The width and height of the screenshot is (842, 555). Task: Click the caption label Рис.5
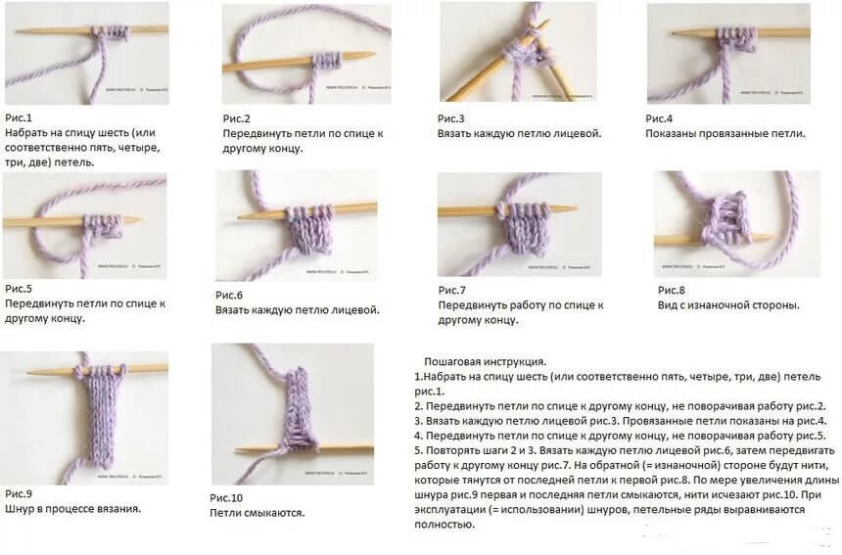pos(19,288)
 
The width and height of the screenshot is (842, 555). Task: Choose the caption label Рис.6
pos(229,295)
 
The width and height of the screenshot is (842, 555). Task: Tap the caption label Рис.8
pos(672,290)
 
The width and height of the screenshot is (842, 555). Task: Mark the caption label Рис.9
pos(19,493)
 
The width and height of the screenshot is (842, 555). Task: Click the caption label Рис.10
pos(228,497)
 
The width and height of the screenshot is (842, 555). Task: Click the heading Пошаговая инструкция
pos(486,361)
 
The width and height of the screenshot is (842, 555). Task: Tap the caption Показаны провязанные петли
pos(725,133)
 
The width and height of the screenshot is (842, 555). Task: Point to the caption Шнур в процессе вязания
pos(72,508)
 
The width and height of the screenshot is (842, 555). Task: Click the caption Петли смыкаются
pos(257,512)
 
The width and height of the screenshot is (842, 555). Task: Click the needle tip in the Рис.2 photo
pos(364,55)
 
